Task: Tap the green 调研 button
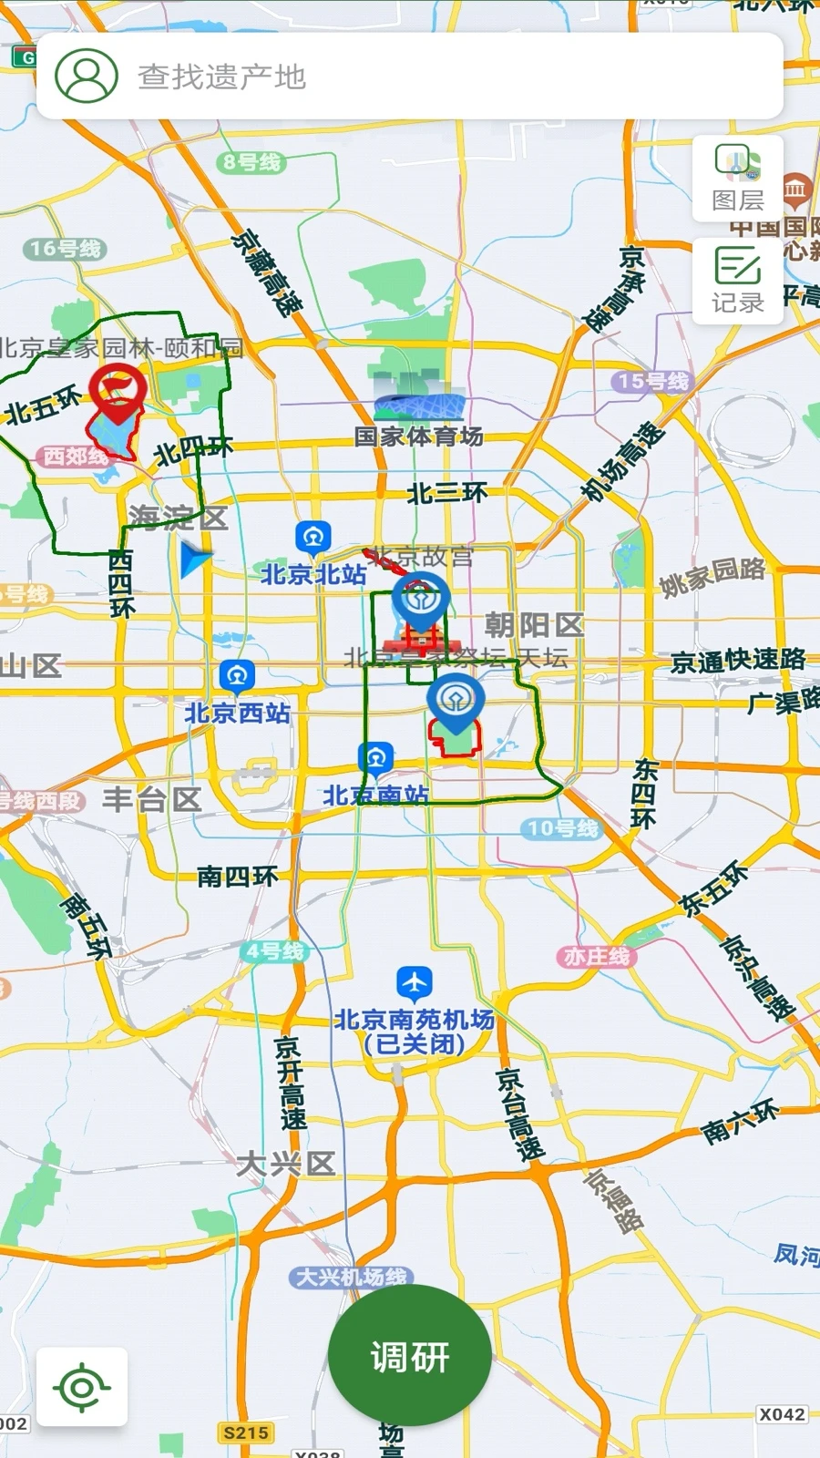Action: [409, 1357]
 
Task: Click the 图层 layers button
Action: [737, 180]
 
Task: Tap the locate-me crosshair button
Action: [82, 1387]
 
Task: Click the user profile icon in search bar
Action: [87, 76]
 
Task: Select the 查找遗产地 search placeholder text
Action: [221, 77]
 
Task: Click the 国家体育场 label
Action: [418, 436]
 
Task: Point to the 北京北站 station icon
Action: [313, 538]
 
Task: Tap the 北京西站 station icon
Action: [237, 676]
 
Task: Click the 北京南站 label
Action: [375, 796]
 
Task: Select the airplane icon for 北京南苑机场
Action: [415, 983]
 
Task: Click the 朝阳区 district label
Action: [534, 625]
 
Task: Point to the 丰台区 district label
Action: [151, 800]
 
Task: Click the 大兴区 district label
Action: [286, 1164]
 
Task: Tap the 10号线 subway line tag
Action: [563, 828]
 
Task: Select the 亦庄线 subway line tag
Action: [597, 956]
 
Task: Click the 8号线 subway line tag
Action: [252, 162]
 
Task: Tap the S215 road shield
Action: [246, 1432]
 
